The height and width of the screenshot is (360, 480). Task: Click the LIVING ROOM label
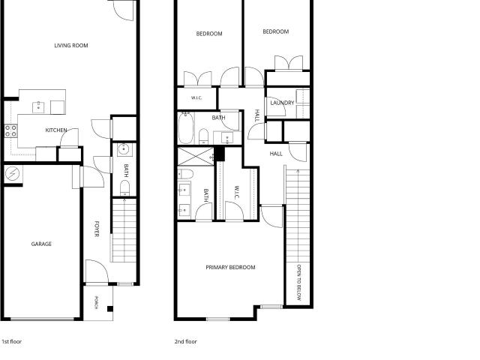point(71,46)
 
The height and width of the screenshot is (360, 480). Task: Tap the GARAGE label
point(41,244)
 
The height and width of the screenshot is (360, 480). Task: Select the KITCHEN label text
point(56,130)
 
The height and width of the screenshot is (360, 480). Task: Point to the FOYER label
point(97,229)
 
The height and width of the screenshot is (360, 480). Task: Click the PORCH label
point(96,302)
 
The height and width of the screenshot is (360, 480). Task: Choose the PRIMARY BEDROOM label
point(230,267)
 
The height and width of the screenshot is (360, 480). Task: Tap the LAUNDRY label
point(282,103)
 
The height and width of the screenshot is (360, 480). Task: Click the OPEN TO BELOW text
point(299,282)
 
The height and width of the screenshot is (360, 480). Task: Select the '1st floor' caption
point(12,341)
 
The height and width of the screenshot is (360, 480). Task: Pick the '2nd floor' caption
point(185,341)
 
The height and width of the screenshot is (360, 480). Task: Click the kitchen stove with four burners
point(10,131)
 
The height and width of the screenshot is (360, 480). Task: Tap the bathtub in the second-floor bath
point(186,128)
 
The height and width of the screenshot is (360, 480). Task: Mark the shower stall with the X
point(196,157)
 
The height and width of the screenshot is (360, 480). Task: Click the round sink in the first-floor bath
point(124,150)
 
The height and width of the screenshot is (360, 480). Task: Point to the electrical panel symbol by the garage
point(12,174)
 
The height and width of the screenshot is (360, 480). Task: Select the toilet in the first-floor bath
point(124,188)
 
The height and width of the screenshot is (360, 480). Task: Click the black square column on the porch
point(110,309)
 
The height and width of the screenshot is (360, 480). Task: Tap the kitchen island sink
point(38,107)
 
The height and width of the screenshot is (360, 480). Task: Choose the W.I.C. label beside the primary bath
point(237,192)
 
